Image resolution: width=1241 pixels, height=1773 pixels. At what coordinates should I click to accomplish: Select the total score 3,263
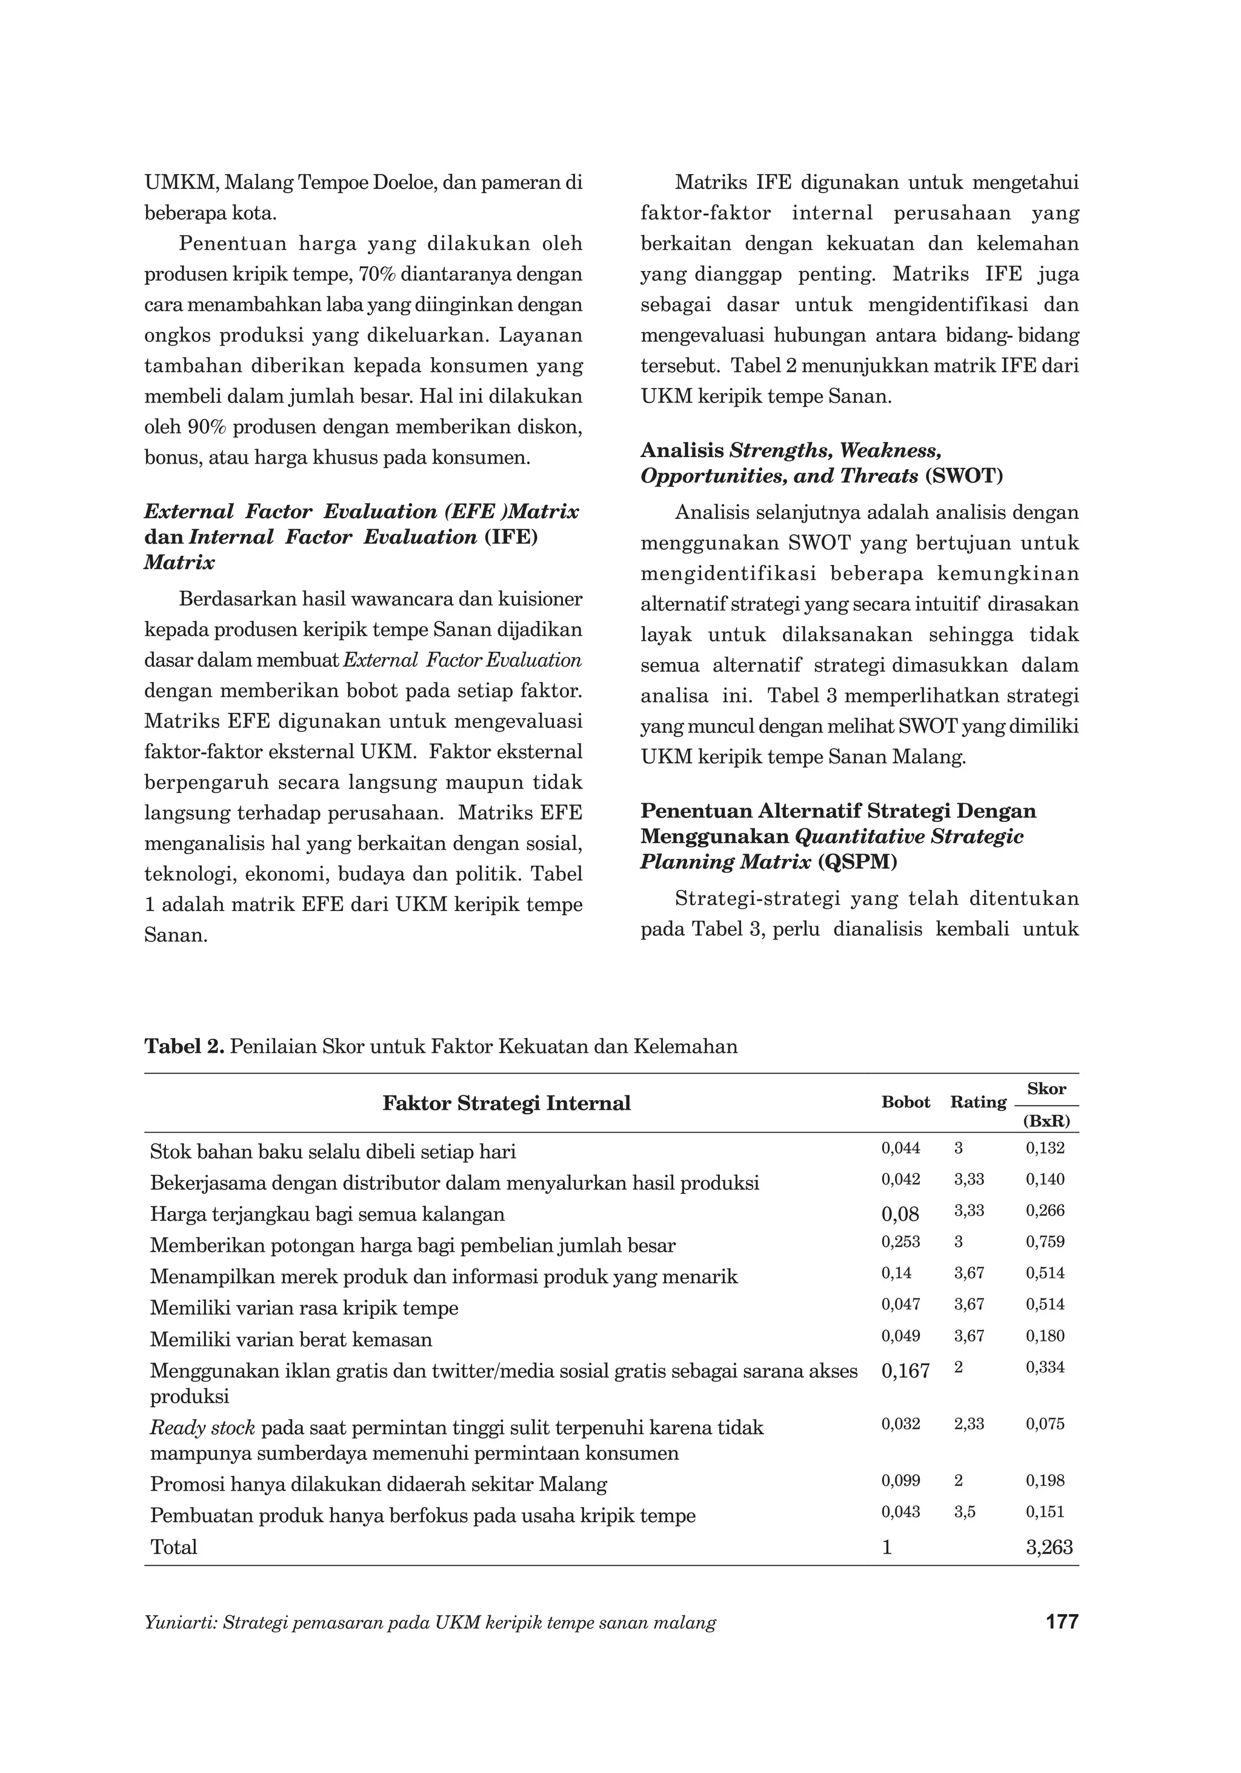coord(1049,1547)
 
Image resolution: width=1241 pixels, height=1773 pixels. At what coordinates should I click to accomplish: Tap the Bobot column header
coord(905,1102)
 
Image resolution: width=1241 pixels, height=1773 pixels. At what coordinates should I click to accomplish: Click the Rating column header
coord(978,1102)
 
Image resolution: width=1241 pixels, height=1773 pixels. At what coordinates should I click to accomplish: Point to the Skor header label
coord(1046,1089)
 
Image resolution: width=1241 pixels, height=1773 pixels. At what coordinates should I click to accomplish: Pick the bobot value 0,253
coord(900,1242)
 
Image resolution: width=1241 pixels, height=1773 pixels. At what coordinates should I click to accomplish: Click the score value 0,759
coord(1045,1242)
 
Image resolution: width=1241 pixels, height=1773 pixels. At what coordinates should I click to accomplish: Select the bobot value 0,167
coord(905,1371)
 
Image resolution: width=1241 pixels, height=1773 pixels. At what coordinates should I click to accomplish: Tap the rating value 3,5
coord(965,1512)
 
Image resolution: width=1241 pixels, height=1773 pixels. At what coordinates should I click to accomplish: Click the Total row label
coord(174,1547)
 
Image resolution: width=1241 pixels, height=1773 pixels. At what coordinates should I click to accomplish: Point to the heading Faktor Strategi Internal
coord(507,1103)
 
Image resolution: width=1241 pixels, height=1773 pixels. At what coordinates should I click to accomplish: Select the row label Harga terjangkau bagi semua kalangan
coord(327,1214)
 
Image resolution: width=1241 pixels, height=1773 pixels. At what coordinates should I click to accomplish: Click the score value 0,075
coord(1045,1424)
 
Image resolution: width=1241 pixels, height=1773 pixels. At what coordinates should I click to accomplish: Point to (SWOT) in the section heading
coord(963,476)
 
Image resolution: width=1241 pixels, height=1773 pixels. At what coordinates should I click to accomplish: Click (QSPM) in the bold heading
coord(857,862)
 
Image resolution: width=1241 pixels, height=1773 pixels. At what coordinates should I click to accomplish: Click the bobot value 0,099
coord(900,1480)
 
